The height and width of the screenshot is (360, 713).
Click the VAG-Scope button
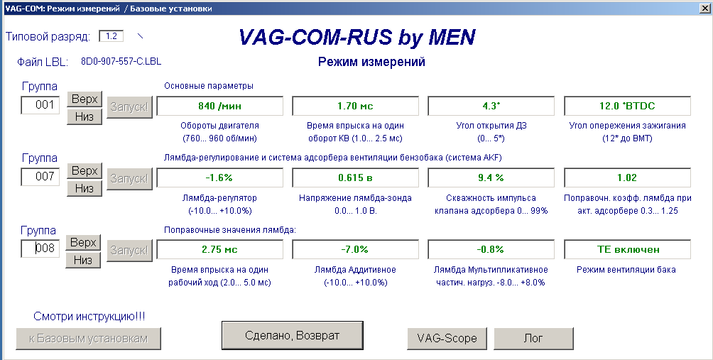447,338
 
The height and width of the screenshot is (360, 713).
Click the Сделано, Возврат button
293,335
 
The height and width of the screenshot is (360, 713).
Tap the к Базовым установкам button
89,339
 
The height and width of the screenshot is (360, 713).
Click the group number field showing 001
40,105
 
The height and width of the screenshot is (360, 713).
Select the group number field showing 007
40,176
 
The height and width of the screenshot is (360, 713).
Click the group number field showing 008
40,249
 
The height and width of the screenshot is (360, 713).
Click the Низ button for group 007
84,189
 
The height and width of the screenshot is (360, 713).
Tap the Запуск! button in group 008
129,251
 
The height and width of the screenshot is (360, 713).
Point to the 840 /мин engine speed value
219,106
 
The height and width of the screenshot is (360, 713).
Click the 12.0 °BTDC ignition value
627,106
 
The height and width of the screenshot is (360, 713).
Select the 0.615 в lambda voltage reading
355,178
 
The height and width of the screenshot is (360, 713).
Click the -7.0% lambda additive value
355,249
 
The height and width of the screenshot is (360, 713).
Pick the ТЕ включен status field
627,249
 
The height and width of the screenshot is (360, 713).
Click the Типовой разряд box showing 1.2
111,36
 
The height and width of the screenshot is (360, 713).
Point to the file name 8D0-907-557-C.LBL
121,61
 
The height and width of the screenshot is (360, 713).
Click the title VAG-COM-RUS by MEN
357,37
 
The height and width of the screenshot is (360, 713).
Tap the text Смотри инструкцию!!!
89,317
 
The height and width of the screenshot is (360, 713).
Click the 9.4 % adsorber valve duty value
491,178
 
